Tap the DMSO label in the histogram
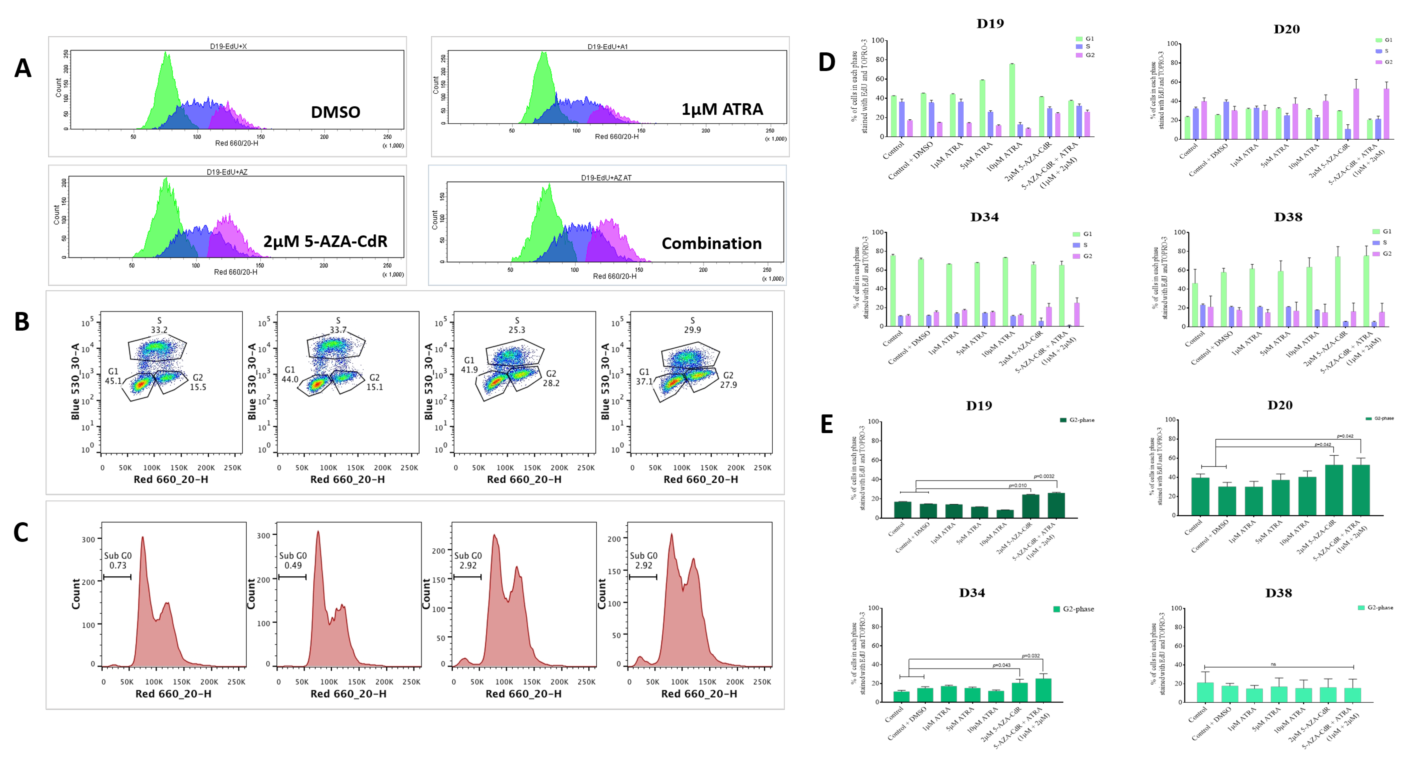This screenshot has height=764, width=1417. (336, 112)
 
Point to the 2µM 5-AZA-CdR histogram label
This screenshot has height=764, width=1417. (325, 241)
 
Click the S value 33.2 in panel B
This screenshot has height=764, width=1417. (159, 330)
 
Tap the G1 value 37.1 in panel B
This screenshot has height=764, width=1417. (644, 381)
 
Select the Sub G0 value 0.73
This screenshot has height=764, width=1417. (118, 565)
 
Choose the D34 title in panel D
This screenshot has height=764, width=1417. (984, 217)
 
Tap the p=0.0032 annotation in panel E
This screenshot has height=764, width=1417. (1044, 476)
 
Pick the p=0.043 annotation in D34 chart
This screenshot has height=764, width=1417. (1001, 665)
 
